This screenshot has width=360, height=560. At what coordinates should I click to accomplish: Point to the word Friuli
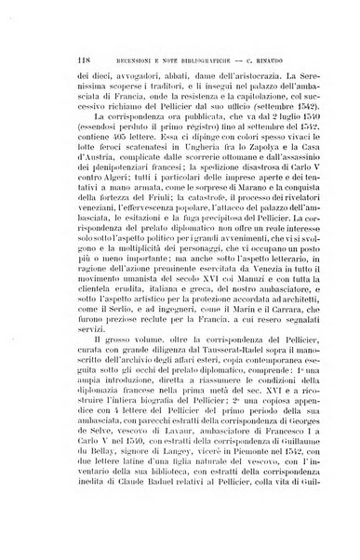pos(145,233)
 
